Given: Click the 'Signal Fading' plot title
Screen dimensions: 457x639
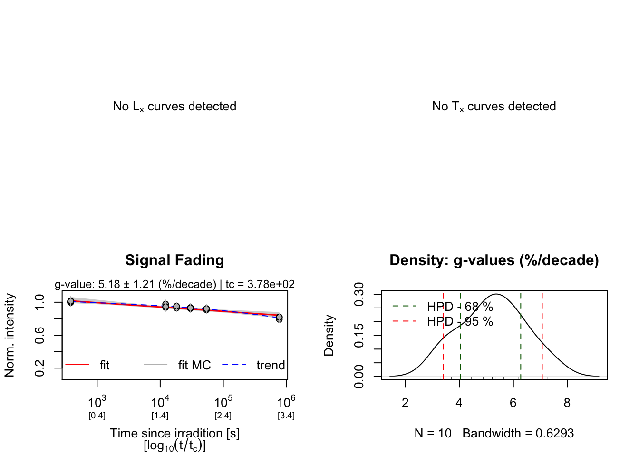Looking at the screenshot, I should (x=174, y=260).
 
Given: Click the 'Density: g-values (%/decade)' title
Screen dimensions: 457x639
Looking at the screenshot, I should (x=494, y=260).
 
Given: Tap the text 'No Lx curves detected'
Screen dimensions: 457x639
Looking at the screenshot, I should (x=174, y=107).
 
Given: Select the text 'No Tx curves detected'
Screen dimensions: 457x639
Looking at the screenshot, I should (x=494, y=107).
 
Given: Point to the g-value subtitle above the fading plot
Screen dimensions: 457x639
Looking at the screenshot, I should (x=174, y=284).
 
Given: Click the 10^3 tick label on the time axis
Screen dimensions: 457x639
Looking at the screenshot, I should (x=97, y=402).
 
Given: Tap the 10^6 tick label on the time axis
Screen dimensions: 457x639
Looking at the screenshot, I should (x=286, y=402).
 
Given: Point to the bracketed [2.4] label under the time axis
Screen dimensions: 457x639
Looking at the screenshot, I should (x=223, y=416).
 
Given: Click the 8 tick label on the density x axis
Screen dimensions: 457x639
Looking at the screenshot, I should (x=567, y=403).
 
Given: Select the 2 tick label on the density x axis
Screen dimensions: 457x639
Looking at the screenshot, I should (x=405, y=403).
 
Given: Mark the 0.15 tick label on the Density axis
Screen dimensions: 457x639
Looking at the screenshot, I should (x=359, y=335).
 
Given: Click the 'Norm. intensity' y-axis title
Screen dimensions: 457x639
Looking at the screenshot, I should (x=10, y=335).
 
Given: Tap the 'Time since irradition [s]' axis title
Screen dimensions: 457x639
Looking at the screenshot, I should (x=174, y=433).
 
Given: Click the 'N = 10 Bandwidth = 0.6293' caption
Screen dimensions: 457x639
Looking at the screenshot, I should (x=494, y=433).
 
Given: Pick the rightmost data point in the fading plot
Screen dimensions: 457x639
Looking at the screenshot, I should (x=279, y=318).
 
